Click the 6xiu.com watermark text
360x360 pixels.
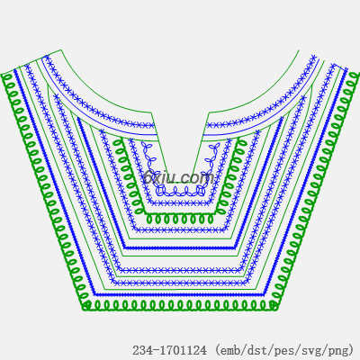[x=179, y=177]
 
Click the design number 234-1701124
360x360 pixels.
[x=170, y=350]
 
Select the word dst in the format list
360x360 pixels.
[x=256, y=350]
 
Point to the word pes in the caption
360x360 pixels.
[x=283, y=350]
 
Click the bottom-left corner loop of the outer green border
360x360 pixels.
[x=86, y=305]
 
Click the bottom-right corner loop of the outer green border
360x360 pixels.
[x=273, y=305]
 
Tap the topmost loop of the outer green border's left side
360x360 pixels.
[x=6, y=77]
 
